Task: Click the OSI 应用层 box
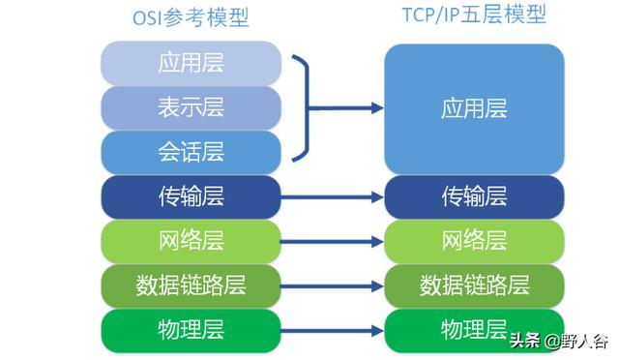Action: click(191, 64)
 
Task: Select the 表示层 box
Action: click(191, 107)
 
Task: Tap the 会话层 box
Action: click(191, 152)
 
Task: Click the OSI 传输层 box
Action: click(191, 196)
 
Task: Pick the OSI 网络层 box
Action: click(191, 240)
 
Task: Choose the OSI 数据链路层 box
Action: click(191, 285)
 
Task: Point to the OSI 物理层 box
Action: click(191, 329)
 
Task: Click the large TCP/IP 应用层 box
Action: click(474, 107)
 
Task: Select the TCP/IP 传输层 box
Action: click(474, 196)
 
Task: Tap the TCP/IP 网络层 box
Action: click(474, 240)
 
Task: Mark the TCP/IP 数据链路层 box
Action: click(474, 285)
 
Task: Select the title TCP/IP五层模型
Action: click(474, 16)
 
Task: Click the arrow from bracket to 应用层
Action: click(348, 107)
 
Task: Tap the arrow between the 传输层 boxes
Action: click(333, 196)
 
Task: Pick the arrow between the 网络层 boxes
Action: click(333, 240)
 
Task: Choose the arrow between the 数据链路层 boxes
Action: click(333, 285)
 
